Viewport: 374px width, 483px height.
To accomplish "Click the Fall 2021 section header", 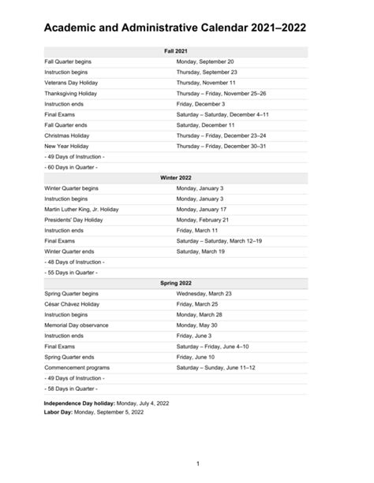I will (175, 50).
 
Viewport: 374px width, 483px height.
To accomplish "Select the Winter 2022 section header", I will (175, 178).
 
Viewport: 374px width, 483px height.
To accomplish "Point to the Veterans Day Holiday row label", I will (73, 82).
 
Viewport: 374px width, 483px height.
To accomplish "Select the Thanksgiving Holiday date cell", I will (221, 93).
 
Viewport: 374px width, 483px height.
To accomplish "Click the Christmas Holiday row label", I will (68, 135).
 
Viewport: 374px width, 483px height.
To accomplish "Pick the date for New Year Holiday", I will (221, 146).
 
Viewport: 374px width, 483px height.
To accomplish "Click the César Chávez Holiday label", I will (77, 303).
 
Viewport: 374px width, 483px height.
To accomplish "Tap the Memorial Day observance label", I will (77, 325).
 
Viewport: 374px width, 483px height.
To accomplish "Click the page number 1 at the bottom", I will (197, 463).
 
